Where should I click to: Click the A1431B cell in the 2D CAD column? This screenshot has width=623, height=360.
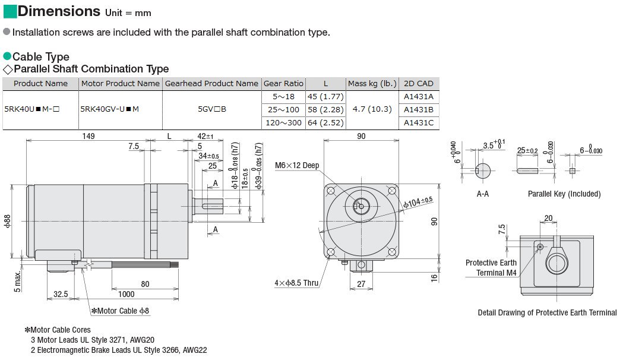coord(418,109)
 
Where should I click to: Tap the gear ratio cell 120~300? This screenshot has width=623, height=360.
coord(283,123)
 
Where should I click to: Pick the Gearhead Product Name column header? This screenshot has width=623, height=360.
coord(211,84)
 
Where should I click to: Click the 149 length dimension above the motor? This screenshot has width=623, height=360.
coord(88,137)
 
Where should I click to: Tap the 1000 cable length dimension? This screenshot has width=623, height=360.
coord(125,294)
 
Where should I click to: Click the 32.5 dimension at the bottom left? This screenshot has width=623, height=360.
coord(61,294)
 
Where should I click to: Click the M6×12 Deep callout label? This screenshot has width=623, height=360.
coord(297,165)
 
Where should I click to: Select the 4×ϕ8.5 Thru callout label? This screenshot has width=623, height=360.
coord(297,283)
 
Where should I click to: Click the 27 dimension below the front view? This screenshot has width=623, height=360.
coord(361,284)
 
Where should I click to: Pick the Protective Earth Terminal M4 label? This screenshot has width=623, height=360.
coord(491,268)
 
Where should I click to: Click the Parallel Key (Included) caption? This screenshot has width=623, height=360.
coord(564,194)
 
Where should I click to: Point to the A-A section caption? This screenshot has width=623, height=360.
coord(483,194)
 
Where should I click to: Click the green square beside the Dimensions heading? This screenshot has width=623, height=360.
coord(10,11)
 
